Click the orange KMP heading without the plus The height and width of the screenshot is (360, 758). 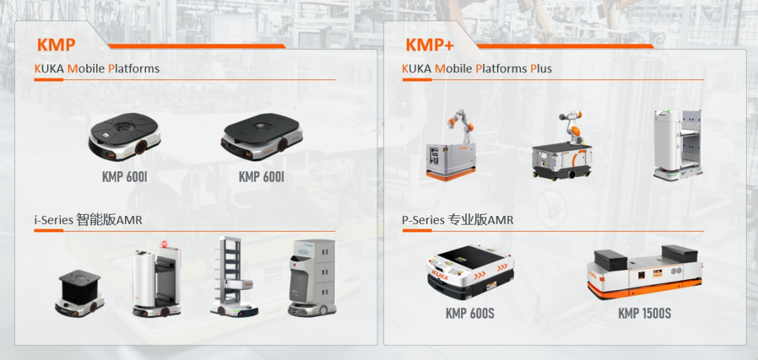tap(55, 45)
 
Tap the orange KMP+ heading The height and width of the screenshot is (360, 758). tap(429, 45)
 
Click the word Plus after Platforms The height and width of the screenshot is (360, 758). tap(541, 69)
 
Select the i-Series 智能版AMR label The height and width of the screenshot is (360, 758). tap(88, 220)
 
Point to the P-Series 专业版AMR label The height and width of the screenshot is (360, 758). tap(458, 220)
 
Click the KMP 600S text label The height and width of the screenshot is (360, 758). tap(470, 314)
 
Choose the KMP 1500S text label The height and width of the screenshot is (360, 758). tap(644, 314)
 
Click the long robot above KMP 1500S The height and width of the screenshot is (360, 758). tap(644, 272)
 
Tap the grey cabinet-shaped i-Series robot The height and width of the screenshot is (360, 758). tap(312, 277)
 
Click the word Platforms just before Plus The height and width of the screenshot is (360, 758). tap(501, 69)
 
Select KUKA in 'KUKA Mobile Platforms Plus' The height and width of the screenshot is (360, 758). tap(416, 69)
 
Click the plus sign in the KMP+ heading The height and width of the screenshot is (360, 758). tap(448, 45)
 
